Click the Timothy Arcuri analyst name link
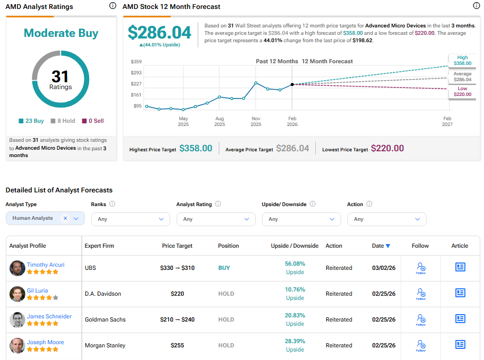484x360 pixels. tap(45, 265)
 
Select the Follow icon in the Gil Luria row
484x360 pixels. tap(421, 294)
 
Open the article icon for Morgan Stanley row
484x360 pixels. tap(460, 345)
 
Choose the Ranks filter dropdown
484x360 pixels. tap(130, 219)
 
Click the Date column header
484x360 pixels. tap(381, 246)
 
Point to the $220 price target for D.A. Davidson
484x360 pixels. tap(177, 294)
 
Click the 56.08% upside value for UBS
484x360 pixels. tap(295, 264)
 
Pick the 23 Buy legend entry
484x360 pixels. tap(32, 121)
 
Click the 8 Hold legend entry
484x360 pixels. tap(63, 121)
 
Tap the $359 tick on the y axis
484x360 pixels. tap(136, 62)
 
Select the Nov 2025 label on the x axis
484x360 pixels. tap(256, 121)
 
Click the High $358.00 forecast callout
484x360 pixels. tap(462, 61)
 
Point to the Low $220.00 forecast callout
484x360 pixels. tap(462, 91)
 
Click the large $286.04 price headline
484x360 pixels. tap(159, 33)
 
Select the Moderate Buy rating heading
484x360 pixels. tap(61, 33)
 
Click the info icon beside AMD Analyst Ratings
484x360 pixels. tap(112, 6)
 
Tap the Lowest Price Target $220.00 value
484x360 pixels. tap(387, 149)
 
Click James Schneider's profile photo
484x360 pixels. tap(17, 319)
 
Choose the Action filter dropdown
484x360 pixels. tap(386, 219)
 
